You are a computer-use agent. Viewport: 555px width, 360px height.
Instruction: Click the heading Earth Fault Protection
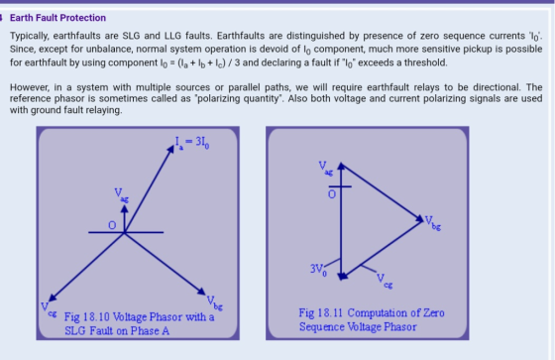point(57,18)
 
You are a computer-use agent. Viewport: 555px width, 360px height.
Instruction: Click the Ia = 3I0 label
point(192,143)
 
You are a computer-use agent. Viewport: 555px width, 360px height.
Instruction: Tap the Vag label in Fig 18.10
point(121,194)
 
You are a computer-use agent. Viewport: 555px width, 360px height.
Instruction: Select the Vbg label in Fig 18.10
point(215,302)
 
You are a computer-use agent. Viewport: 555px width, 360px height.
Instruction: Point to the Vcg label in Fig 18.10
point(49,308)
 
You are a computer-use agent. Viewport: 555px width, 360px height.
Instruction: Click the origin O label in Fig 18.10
point(112,225)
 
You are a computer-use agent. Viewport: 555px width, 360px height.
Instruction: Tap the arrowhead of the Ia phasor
point(170,149)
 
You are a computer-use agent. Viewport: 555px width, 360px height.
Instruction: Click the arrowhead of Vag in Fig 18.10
point(125,208)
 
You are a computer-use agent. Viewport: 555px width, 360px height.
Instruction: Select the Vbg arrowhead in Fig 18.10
point(201,292)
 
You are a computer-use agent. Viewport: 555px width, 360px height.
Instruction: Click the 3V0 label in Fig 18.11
point(318,270)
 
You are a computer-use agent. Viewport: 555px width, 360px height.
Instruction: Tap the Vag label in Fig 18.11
point(326,168)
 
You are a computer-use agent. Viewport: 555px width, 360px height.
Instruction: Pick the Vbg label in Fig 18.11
point(433,223)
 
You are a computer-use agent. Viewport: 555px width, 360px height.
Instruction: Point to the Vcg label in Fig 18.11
point(385,281)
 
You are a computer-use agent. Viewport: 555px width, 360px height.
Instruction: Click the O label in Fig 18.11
point(332,194)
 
